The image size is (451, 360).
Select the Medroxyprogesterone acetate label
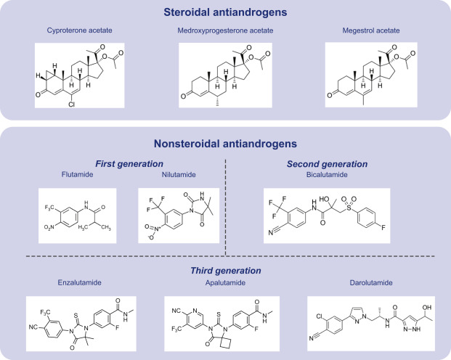click(224, 31)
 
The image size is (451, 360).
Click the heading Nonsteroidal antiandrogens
click(224, 142)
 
